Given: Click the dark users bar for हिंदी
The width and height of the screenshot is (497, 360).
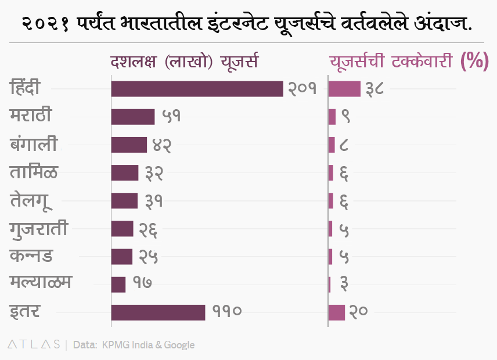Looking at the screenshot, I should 197,89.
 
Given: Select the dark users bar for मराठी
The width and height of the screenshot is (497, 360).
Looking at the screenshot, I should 133,117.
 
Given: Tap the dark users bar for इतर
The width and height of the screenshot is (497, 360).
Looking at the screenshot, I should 158,312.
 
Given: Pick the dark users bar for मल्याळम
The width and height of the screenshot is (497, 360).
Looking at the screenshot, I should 118,284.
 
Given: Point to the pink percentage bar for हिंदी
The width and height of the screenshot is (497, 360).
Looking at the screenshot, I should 344,89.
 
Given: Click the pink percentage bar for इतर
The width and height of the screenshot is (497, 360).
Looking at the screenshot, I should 337,312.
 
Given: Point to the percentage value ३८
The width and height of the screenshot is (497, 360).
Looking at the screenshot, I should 374,89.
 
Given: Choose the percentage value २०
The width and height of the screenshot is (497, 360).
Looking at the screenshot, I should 359,312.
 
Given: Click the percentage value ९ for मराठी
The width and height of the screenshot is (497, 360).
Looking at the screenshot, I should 345,117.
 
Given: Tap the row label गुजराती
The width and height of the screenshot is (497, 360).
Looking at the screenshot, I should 39,228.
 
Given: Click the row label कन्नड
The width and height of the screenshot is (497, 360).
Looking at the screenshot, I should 31,255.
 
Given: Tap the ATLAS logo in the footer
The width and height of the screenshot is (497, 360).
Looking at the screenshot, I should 34,344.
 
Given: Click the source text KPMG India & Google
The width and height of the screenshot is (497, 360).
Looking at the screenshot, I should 148,345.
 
